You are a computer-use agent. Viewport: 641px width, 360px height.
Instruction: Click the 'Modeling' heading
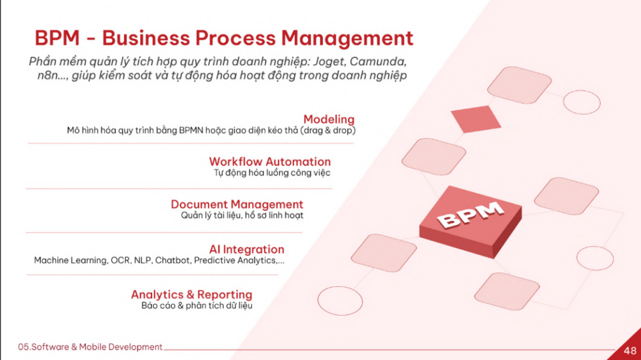pyautogui.click(x=329, y=119)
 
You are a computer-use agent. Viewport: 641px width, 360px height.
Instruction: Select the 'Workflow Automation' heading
pyautogui.click(x=270, y=162)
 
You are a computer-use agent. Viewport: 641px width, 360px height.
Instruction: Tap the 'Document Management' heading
pyautogui.click(x=237, y=204)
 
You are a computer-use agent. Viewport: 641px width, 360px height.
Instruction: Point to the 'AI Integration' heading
pyautogui.click(x=247, y=249)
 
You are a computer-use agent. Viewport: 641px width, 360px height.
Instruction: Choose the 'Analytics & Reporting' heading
pyautogui.click(x=191, y=294)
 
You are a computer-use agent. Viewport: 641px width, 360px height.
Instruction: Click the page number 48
pyautogui.click(x=630, y=349)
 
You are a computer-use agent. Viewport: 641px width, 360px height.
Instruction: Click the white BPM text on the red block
pyautogui.click(x=469, y=214)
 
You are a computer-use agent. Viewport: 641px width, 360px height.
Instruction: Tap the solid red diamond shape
pyautogui.click(x=476, y=118)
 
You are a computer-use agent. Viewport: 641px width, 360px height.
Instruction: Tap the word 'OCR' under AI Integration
pyautogui.click(x=120, y=260)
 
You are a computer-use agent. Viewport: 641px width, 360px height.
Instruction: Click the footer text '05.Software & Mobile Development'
pyautogui.click(x=91, y=347)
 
